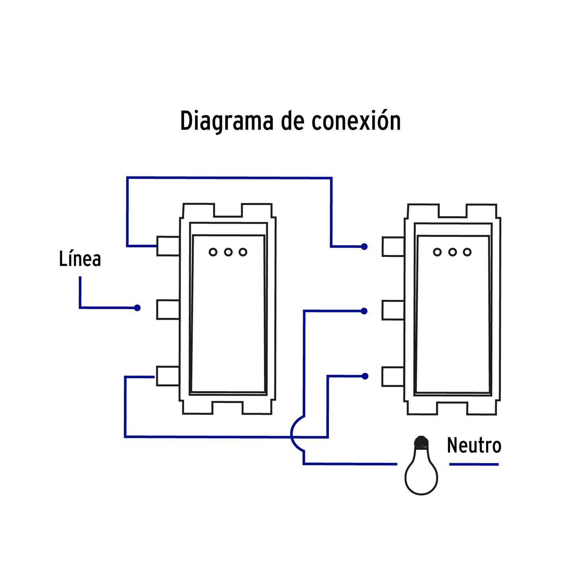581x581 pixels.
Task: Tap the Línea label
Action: tap(80, 259)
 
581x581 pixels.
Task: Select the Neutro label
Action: tap(474, 446)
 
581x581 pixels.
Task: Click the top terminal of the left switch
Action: tap(168, 246)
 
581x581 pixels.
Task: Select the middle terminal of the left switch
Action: tap(168, 310)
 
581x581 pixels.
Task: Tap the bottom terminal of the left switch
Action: tap(168, 376)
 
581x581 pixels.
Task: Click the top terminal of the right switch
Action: tap(393, 246)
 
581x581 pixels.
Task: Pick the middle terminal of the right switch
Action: tap(393, 310)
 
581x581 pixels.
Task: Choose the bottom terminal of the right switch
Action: tap(393, 377)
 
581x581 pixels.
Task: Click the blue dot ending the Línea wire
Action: tap(137, 308)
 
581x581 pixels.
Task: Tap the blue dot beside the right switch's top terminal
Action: tap(364, 246)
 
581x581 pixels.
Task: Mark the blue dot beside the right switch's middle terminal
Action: tap(364, 311)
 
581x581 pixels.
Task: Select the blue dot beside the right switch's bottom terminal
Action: tap(365, 376)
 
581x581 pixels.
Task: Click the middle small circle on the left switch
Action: tap(228, 252)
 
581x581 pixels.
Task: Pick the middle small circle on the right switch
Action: tap(452, 252)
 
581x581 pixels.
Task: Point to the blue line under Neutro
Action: tap(474, 464)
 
